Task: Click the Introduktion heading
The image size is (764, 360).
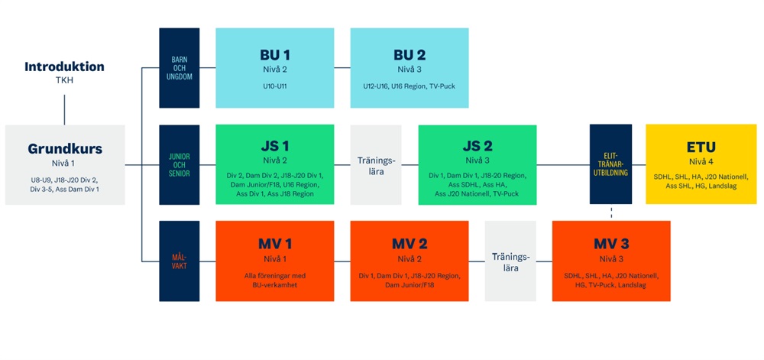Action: (x=64, y=66)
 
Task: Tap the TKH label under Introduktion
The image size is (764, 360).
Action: (x=64, y=79)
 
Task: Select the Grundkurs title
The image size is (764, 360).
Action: (x=65, y=148)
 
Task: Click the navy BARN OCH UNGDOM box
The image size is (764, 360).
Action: (x=179, y=67)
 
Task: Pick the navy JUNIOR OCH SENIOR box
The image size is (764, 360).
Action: (x=179, y=164)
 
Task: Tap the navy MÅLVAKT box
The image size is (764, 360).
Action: (x=179, y=261)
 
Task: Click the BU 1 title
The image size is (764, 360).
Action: (x=274, y=55)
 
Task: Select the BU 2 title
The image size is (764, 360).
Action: (x=409, y=55)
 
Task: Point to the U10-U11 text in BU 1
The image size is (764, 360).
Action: (x=274, y=86)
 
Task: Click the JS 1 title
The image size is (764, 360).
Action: (x=274, y=145)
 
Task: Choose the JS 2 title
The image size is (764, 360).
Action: (x=477, y=145)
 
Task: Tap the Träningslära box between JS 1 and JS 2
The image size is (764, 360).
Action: (x=375, y=164)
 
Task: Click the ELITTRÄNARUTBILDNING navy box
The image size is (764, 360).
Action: (x=610, y=164)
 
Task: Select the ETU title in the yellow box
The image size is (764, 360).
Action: (x=701, y=146)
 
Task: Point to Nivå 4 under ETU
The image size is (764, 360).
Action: (x=701, y=161)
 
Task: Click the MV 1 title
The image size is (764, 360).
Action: (x=274, y=244)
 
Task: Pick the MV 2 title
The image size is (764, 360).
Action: (x=409, y=244)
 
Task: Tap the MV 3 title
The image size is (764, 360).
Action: (x=611, y=244)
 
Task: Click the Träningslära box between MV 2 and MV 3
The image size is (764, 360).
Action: (x=510, y=261)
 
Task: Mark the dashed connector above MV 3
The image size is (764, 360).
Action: (x=610, y=212)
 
